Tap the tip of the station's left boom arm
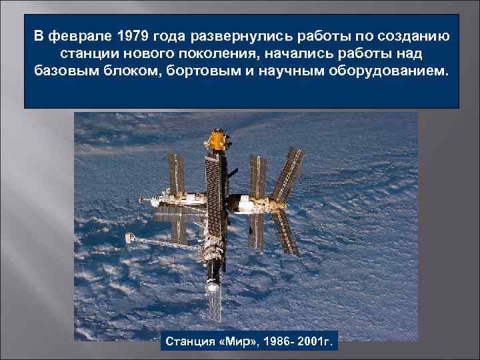click(127, 236)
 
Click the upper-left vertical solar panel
click(177, 173)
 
